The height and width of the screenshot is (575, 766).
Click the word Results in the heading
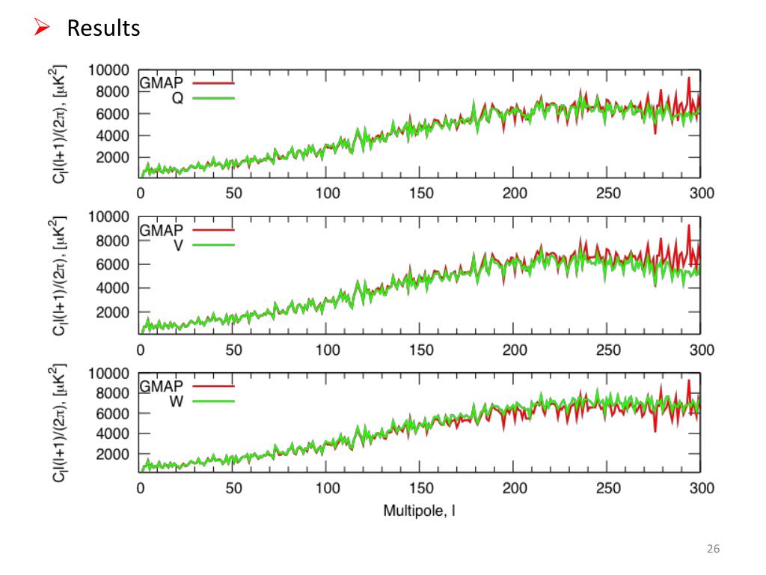(x=103, y=28)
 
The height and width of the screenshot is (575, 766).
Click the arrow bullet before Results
(x=42, y=28)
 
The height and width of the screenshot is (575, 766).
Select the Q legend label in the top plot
(x=177, y=98)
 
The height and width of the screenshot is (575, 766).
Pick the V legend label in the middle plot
(x=178, y=245)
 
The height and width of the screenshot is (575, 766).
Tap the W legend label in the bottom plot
(x=177, y=401)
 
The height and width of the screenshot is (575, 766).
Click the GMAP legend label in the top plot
(x=162, y=83)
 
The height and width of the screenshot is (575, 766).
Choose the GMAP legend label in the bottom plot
(x=162, y=386)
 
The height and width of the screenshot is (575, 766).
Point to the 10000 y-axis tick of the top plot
(x=108, y=70)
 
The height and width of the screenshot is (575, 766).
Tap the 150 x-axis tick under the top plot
(x=421, y=193)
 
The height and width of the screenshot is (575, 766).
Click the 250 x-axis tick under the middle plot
(x=608, y=350)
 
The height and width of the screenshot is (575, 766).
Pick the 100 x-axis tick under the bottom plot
(x=328, y=489)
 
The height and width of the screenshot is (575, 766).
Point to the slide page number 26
(x=713, y=550)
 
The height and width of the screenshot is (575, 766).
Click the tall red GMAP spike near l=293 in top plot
(x=688, y=81)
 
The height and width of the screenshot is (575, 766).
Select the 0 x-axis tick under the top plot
(x=141, y=193)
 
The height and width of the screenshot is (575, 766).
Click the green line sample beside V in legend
(x=214, y=245)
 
